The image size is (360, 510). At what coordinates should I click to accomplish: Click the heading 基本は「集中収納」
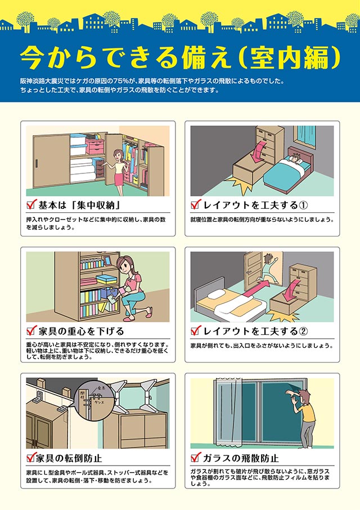[x=80, y=205]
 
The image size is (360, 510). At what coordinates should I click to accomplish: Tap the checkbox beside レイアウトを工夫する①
[x=195, y=204]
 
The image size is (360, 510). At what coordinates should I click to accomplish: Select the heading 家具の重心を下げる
[x=81, y=331]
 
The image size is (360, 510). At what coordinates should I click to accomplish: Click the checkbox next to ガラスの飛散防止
[x=195, y=458]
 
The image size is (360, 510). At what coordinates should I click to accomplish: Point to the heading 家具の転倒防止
[x=69, y=458]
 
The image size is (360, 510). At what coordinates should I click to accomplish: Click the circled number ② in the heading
[x=303, y=331]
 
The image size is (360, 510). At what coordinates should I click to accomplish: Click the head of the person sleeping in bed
[x=294, y=158]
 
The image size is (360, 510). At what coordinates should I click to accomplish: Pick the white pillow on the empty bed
[x=216, y=294]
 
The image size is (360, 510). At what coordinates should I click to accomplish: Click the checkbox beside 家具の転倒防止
[x=31, y=458]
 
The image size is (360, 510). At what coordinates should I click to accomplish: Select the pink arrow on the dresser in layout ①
[x=259, y=151]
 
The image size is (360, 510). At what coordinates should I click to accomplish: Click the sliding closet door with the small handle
[x=52, y=161]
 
